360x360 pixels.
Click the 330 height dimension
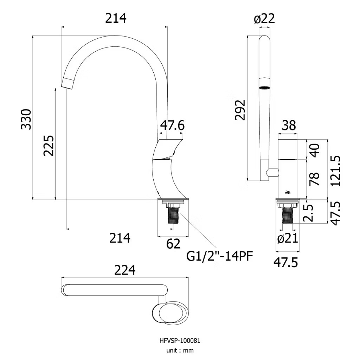pos(26,120)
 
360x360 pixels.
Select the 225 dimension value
pos(49,146)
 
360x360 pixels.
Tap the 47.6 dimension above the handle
pos(172,126)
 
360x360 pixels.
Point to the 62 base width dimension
pos(173,244)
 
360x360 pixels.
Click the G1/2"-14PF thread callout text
pos(220,256)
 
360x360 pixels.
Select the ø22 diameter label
pos(264,19)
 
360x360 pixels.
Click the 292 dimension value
pos(240,110)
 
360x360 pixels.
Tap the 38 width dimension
pos(289,126)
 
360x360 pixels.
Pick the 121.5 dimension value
pos(336,171)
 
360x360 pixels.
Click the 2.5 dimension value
pos(308,213)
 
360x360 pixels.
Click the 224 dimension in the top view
pos(125,270)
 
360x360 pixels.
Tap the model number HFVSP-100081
pos(180,341)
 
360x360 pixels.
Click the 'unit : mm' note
pos(180,351)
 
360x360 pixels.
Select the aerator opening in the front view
pos(264,88)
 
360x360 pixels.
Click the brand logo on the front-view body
pos(288,192)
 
